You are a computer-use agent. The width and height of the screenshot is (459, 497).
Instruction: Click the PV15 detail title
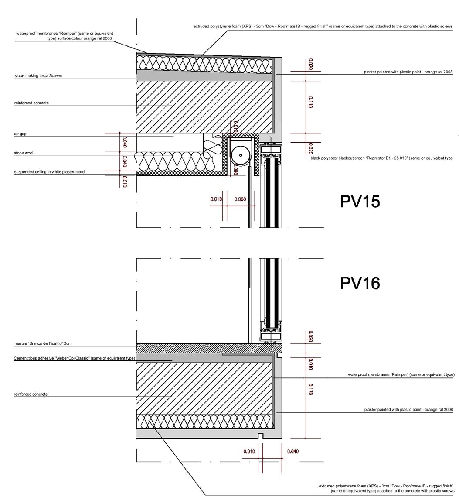pyautogui.click(x=360, y=202)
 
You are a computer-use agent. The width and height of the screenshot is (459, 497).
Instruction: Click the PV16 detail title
pyautogui.click(x=360, y=283)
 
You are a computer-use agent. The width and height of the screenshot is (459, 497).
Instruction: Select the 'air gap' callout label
pyautogui.click(x=20, y=134)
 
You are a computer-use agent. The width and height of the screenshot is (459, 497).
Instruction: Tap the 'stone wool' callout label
pyautogui.click(x=24, y=153)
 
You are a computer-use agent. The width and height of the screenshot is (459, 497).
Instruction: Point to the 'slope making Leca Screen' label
pyautogui.click(x=38, y=76)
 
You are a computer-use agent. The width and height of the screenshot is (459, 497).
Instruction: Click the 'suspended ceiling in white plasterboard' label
pyautogui.click(x=49, y=172)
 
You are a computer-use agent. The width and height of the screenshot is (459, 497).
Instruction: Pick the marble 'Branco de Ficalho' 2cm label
pyautogui.click(x=43, y=344)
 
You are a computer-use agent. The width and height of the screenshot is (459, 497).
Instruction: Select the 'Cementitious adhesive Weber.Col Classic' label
pyautogui.click(x=74, y=358)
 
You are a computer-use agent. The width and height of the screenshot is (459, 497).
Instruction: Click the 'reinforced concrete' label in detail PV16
pyautogui.click(x=31, y=394)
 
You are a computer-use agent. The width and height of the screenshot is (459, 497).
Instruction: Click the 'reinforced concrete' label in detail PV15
pyautogui.click(x=31, y=103)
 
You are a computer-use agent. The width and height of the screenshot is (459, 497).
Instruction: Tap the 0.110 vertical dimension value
pyautogui.click(x=310, y=103)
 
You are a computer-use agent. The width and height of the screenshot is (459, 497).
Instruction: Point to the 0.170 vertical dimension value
pyautogui.click(x=310, y=389)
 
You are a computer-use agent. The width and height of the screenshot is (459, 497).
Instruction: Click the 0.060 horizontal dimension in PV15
pyautogui.click(x=240, y=199)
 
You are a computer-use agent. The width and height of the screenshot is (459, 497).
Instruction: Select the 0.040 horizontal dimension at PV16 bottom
pyautogui.click(x=293, y=452)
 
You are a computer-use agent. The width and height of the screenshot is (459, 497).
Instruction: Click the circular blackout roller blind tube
pyautogui.click(x=240, y=155)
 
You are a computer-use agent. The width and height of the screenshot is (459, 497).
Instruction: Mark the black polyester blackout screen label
pyautogui.click(x=381, y=158)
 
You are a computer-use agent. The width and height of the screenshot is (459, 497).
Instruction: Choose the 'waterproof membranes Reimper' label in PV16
pyautogui.click(x=401, y=374)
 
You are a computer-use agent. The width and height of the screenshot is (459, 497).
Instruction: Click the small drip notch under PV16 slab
pyautogui.click(x=260, y=436)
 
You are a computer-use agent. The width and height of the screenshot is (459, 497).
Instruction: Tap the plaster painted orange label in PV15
pyautogui.click(x=408, y=72)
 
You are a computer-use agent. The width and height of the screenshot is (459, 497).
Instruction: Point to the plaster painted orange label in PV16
pyautogui.click(x=408, y=410)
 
